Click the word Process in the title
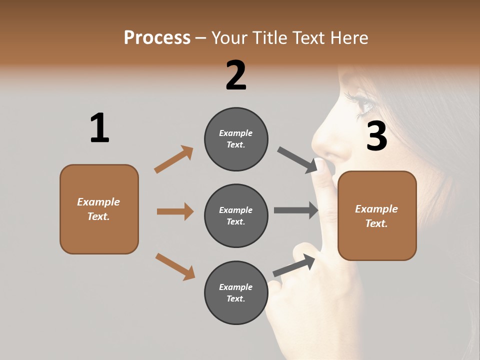click(x=157, y=38)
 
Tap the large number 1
click(x=99, y=128)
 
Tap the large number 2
click(x=236, y=75)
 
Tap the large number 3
click(x=376, y=136)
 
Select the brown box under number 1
click(x=99, y=209)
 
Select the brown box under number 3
click(x=377, y=215)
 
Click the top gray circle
click(x=236, y=138)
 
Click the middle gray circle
click(x=236, y=215)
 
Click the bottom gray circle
click(x=236, y=292)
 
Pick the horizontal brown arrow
click(x=175, y=211)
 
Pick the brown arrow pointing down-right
click(x=175, y=266)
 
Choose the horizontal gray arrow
click(x=296, y=210)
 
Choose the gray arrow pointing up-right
click(x=294, y=265)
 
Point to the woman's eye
click(x=364, y=103)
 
